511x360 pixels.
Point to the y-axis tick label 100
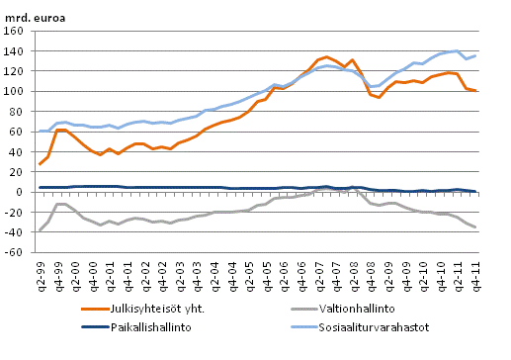pos(17,91)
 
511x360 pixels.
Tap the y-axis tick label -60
pos(17,252)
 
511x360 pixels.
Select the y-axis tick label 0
pos(23,192)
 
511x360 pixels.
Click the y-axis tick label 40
pos(20,151)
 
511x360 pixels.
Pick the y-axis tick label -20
pos(17,212)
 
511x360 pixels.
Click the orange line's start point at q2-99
pos(40,164)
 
